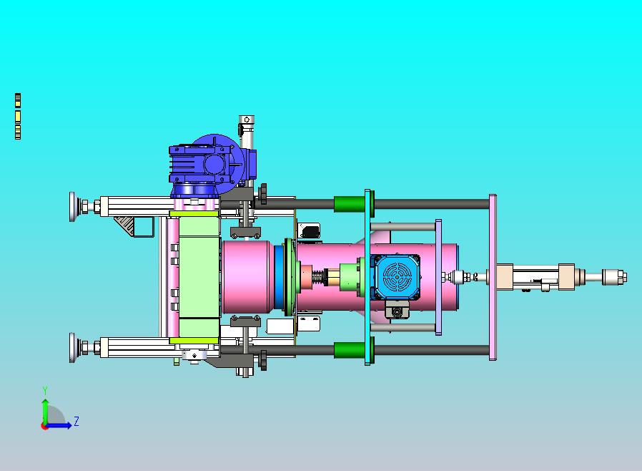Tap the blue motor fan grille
click(x=396, y=277)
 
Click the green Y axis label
click(x=45, y=390)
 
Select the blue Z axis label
click(x=76, y=421)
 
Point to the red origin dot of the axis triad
click(x=44, y=427)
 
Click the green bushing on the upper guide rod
click(x=350, y=204)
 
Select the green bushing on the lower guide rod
click(x=350, y=350)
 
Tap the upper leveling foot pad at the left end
click(x=73, y=207)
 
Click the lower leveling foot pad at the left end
click(x=73, y=348)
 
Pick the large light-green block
click(x=199, y=276)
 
